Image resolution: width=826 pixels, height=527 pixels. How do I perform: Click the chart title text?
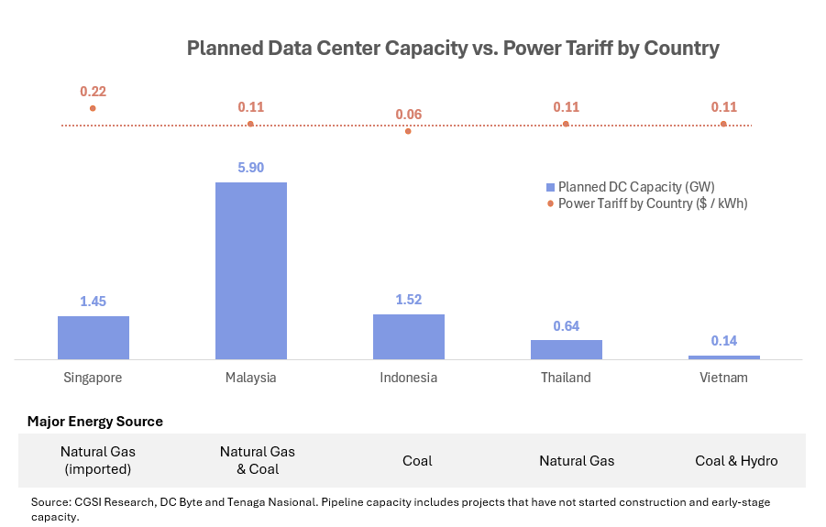(453, 49)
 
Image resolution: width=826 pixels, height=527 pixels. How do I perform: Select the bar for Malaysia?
(250, 270)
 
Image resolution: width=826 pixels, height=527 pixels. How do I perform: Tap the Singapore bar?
(94, 337)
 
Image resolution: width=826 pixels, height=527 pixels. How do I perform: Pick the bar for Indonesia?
(408, 336)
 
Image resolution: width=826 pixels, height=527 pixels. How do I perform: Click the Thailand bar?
(566, 349)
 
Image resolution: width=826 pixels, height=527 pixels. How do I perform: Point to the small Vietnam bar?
(723, 357)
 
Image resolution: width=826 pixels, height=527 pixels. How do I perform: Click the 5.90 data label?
(250, 168)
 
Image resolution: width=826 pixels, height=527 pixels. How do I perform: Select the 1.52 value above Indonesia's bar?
(408, 300)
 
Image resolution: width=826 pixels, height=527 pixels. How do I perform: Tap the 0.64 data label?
(566, 325)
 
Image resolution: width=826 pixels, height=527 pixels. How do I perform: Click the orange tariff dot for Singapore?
(93, 108)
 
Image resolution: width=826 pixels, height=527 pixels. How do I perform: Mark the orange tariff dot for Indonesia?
(408, 131)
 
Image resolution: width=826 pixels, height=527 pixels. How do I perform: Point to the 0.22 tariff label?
(93, 92)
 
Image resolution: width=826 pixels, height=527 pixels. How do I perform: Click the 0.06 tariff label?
(408, 115)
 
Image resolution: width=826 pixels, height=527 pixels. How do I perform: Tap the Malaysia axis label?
(250, 378)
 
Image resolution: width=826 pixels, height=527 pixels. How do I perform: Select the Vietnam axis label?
(723, 378)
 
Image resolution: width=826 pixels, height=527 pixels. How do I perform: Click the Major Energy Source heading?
(95, 422)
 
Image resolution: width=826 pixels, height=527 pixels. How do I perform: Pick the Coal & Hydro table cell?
(736, 461)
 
